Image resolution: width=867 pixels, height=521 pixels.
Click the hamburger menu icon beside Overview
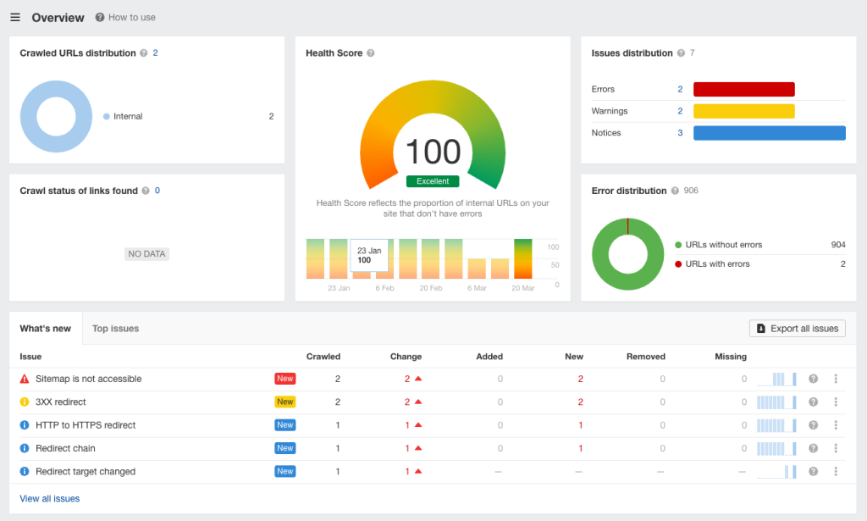click(x=15, y=18)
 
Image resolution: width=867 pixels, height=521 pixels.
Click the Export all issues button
click(x=797, y=329)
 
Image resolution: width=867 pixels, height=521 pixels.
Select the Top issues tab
click(x=115, y=329)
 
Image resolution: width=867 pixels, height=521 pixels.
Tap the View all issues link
click(x=50, y=499)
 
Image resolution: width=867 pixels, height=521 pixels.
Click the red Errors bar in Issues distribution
click(x=743, y=89)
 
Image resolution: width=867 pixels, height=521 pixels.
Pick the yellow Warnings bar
click(x=743, y=111)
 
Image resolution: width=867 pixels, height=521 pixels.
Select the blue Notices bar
click(x=769, y=133)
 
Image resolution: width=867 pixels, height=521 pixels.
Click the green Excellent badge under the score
click(x=433, y=181)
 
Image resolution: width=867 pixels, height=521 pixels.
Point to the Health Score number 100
click(x=433, y=152)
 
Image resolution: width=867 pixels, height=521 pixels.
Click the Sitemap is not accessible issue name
click(x=88, y=379)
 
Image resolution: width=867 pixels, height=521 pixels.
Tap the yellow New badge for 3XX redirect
click(x=284, y=402)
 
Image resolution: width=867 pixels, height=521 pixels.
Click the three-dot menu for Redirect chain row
click(x=836, y=448)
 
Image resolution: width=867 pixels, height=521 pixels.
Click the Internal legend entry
click(x=127, y=117)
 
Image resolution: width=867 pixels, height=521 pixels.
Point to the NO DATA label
click(x=147, y=253)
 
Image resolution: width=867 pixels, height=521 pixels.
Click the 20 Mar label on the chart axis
click(x=522, y=288)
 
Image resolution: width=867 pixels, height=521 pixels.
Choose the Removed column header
click(x=645, y=357)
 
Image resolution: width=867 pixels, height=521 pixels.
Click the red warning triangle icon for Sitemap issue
click(x=25, y=379)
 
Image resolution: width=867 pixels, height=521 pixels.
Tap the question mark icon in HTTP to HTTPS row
click(x=813, y=425)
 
